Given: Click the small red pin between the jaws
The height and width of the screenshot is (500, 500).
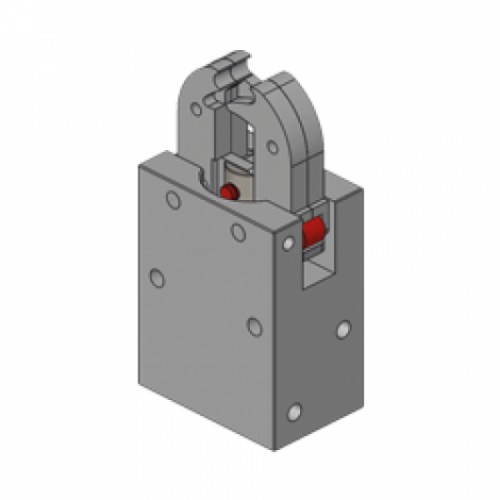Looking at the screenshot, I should pos(228,190).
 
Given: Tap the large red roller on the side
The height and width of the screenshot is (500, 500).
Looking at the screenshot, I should pos(313,233).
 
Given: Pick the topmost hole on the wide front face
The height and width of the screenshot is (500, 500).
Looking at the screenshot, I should pos(174,201).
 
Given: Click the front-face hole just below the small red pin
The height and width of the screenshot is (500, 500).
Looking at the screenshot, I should pos(238,233).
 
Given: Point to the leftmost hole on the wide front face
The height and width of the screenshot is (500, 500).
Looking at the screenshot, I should pos(157,277).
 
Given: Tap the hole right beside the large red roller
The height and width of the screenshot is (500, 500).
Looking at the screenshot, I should pos(289,241).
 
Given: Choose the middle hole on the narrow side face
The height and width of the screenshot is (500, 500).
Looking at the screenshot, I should pos(343,328).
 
